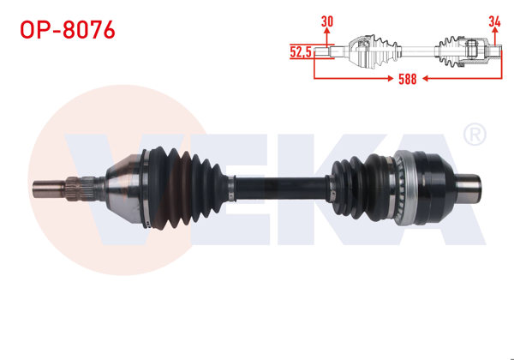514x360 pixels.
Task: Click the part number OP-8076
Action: click(x=66, y=30)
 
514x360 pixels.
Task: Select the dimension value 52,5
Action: click(x=300, y=51)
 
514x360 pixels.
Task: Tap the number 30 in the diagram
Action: click(x=327, y=21)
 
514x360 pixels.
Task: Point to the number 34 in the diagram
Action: click(x=494, y=21)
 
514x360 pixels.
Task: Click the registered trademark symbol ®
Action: click(x=474, y=135)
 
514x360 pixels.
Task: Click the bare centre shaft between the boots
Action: click(x=283, y=185)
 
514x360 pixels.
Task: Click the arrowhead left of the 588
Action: click(x=319, y=79)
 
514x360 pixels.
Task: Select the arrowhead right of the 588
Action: click(x=496, y=79)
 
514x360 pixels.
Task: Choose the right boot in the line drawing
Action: click(x=451, y=48)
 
